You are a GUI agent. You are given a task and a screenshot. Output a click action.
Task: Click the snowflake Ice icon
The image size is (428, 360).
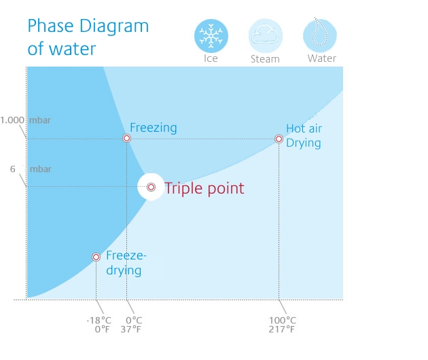coord(211,36)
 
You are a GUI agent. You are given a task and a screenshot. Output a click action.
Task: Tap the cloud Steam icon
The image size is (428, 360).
coord(266,36)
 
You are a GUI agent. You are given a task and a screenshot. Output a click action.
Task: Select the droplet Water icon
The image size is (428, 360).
coord(319,35)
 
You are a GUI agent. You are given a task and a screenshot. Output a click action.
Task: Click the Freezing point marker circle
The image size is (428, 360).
coord(126,139)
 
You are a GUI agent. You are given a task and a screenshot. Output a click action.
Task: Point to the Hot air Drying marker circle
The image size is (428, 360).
coord(279,139)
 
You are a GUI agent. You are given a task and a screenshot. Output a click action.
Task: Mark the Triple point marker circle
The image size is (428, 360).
coord(151,187)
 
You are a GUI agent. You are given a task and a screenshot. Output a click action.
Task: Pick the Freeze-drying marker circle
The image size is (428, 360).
coord(96,257)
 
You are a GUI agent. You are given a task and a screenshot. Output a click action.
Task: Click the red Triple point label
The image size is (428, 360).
coord(204,188)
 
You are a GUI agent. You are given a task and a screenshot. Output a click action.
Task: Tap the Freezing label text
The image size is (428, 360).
coord(154,128)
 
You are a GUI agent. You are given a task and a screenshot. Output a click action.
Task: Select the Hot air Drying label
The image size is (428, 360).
coord(304,136)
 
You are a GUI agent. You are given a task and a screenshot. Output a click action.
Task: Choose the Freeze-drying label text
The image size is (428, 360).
coord(126,263)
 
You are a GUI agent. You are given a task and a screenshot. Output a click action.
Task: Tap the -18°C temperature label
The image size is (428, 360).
coord(99,320)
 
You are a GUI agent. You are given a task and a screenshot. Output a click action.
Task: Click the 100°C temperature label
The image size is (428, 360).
coord(283,320)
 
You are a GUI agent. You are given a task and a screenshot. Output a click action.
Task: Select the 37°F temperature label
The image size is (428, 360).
coord(130,329)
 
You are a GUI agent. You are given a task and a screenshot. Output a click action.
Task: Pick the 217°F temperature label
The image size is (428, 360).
coord(282,329)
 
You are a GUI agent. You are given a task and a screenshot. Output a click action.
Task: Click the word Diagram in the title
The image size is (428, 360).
coord(114,26)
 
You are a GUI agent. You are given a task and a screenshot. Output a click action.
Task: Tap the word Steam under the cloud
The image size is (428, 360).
coord(265,59)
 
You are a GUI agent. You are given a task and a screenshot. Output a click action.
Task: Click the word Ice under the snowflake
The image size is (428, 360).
coord(211,58)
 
